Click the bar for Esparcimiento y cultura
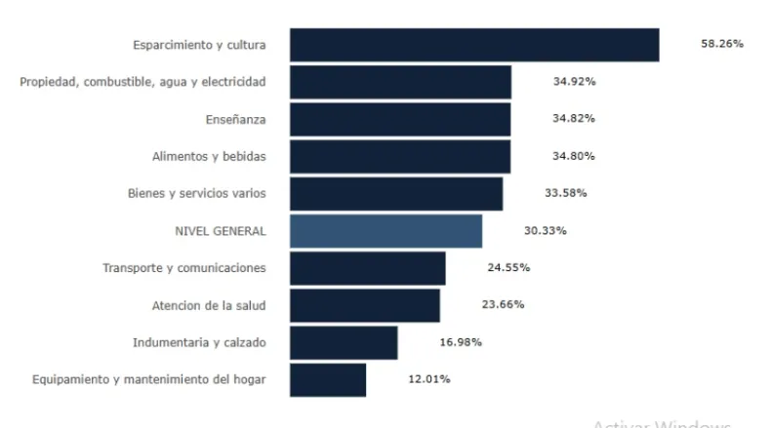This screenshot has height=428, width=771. pos(474,45)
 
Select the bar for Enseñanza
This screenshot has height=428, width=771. pos(400,119)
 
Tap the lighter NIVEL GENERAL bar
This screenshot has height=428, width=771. pos(385,231)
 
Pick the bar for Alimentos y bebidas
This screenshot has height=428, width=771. pos(400,156)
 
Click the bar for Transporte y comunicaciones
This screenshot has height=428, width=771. pos(368,268)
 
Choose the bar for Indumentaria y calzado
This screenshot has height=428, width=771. pos(344,342)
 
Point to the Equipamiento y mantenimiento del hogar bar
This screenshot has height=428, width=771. pos(328,379)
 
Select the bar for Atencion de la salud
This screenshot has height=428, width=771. pos(365,305)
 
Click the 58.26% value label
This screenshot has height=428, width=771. pos(722,45)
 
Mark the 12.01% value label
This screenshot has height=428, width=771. pos(428,379)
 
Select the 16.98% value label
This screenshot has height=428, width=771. pos(460,342)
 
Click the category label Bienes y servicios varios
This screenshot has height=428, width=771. pos(196,193)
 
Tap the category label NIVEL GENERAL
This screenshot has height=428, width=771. pos(219,231)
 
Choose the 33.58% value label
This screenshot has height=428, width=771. pos(566,193)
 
